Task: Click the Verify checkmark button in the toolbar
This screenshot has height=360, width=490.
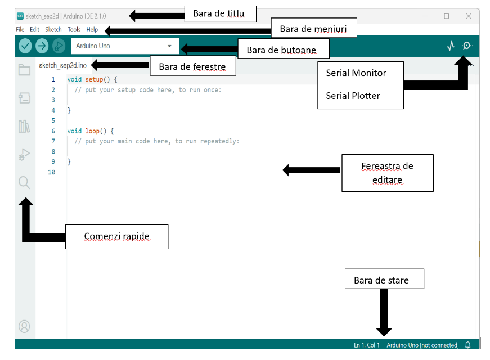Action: point(25,46)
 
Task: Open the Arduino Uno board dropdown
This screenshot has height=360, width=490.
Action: point(125,46)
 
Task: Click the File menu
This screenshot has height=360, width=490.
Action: point(20,30)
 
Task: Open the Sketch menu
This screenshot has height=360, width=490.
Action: point(53,30)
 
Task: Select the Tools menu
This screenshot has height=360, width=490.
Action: point(74,30)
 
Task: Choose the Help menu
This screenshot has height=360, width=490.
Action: point(92,30)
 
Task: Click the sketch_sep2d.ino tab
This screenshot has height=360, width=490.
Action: point(63,65)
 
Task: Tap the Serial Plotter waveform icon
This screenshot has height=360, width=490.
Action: point(451,46)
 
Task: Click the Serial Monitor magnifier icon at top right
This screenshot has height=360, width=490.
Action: point(467,46)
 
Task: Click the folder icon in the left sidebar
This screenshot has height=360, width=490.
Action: point(24,70)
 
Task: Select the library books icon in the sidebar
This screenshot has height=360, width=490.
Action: point(24,126)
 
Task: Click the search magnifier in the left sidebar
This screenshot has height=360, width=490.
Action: point(24,182)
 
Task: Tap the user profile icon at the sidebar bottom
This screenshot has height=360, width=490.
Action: point(24,327)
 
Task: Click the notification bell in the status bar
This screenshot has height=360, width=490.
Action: point(468,345)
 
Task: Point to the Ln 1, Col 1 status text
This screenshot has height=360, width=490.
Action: point(367,345)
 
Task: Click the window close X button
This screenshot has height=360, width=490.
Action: point(469,16)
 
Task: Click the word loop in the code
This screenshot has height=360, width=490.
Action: point(92,131)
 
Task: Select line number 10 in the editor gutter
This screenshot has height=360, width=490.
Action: point(52,172)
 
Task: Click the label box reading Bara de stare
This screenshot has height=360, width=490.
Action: point(384,279)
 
